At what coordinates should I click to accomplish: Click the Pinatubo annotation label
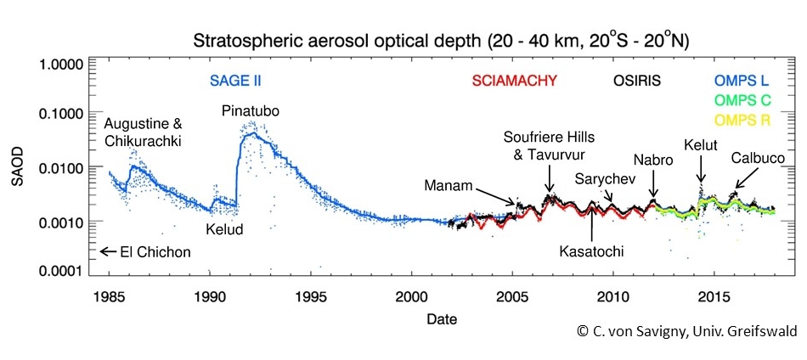click(x=251, y=111)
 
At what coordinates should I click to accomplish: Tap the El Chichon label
click(x=154, y=251)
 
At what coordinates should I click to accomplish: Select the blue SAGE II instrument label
click(x=235, y=82)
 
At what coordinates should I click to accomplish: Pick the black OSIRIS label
click(x=631, y=82)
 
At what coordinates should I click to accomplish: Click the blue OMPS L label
click(x=742, y=82)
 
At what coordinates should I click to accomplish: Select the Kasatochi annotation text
click(x=590, y=251)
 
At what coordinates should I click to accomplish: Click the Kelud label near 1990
click(x=225, y=229)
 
